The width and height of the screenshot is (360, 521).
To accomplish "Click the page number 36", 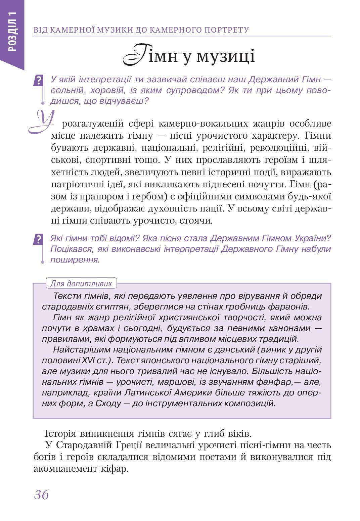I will coord(41,494).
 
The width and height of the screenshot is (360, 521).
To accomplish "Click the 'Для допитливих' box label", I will coord(81,283).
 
